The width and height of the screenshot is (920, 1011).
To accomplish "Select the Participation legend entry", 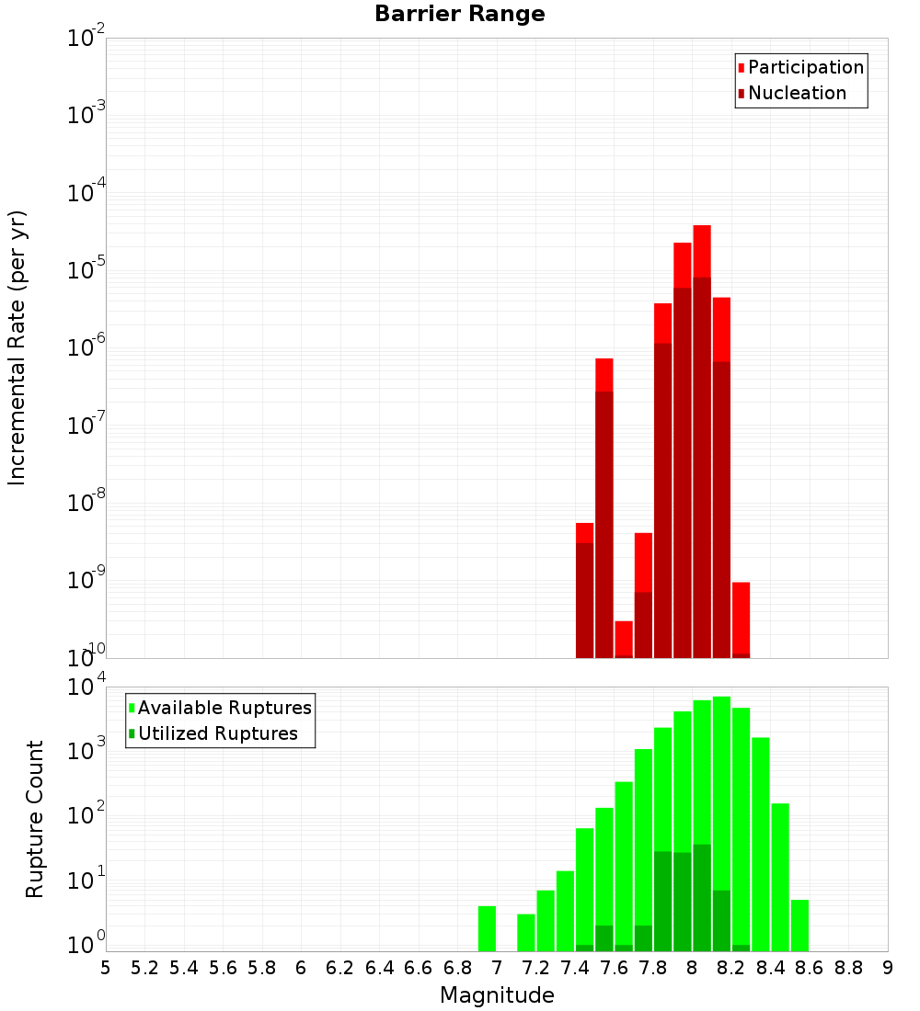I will pyautogui.click(x=806, y=67).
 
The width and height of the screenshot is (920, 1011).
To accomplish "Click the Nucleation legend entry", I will pyautogui.click(x=797, y=93).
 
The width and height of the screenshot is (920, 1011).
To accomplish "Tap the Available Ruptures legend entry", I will pyautogui.click(x=224, y=708).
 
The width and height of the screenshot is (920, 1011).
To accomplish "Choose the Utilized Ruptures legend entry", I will pyautogui.click(x=218, y=733).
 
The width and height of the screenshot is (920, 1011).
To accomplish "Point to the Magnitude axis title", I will pyautogui.click(x=497, y=995).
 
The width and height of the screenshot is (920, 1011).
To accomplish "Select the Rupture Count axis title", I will pyautogui.click(x=35, y=819).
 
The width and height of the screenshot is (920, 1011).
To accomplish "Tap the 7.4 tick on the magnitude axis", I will pyautogui.click(x=575, y=968).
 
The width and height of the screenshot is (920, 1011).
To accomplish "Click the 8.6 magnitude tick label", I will pyautogui.click(x=810, y=968).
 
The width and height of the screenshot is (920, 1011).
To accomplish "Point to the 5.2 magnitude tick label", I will pyautogui.click(x=144, y=968).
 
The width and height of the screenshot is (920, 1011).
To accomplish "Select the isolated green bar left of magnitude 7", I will pyautogui.click(x=487, y=928).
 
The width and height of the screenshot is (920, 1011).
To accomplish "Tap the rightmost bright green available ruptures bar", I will pyautogui.click(x=799, y=925).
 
